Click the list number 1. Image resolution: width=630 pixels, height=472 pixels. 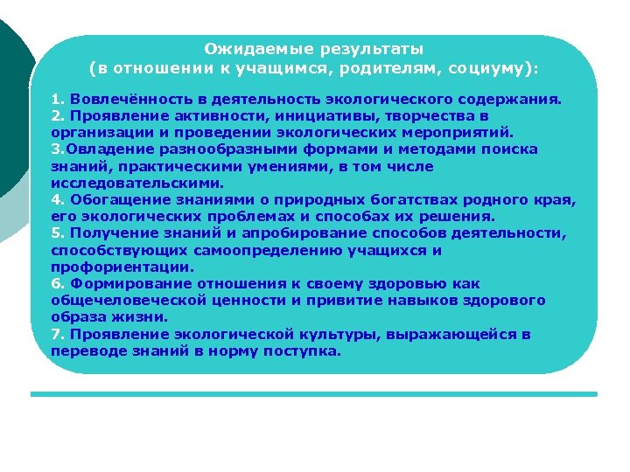(56, 99)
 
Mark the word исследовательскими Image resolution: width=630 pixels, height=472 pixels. (136, 183)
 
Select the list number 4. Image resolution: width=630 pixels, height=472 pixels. (56, 200)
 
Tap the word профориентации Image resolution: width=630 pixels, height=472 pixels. (122, 267)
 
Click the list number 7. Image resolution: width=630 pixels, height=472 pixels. (56, 335)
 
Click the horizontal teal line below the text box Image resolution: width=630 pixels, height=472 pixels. (314, 394)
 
